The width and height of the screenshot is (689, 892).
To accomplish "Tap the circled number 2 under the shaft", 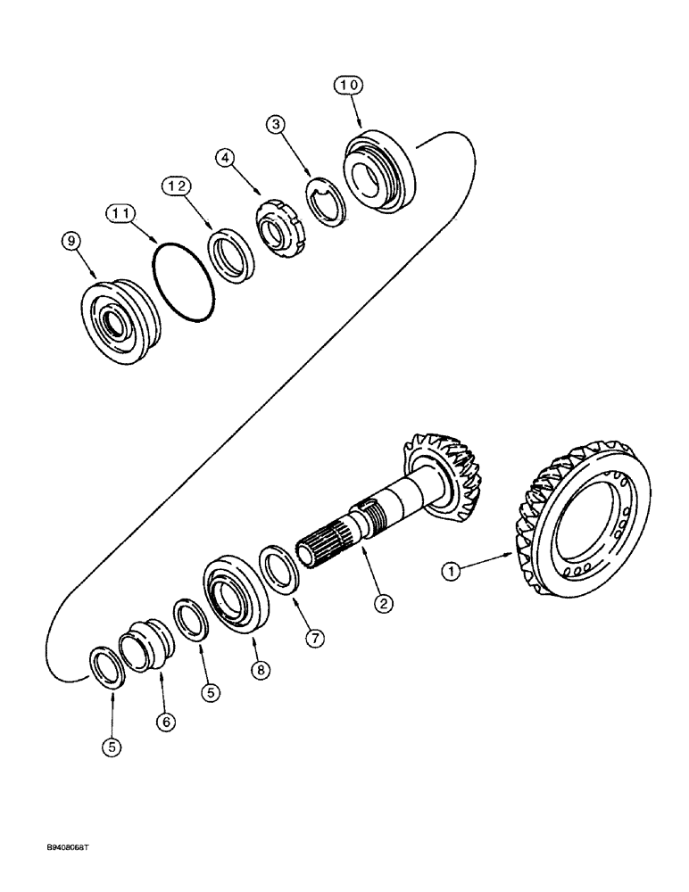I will tap(383, 604).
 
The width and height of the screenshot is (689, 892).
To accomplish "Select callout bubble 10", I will tap(350, 86).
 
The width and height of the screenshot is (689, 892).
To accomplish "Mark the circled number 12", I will tap(176, 186).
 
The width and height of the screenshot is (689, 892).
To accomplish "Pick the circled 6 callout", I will tap(165, 723).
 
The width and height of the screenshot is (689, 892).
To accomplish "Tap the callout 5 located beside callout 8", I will tap(210, 691).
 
